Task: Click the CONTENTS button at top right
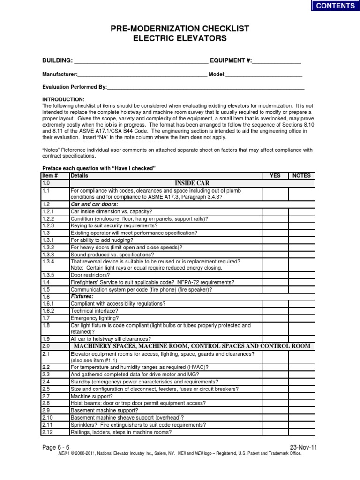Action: point(335,6)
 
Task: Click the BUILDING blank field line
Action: point(141,62)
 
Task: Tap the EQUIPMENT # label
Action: point(231,61)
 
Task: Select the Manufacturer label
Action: point(60,75)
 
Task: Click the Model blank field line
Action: point(265,75)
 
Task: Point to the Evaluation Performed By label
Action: point(75,87)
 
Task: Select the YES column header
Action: point(275,175)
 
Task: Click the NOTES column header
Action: point(301,175)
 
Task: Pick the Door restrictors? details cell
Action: point(90,275)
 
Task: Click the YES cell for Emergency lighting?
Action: point(275,318)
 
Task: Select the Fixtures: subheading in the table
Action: point(82,297)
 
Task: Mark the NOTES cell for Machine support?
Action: point(301,396)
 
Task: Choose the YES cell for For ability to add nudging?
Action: point(275,240)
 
